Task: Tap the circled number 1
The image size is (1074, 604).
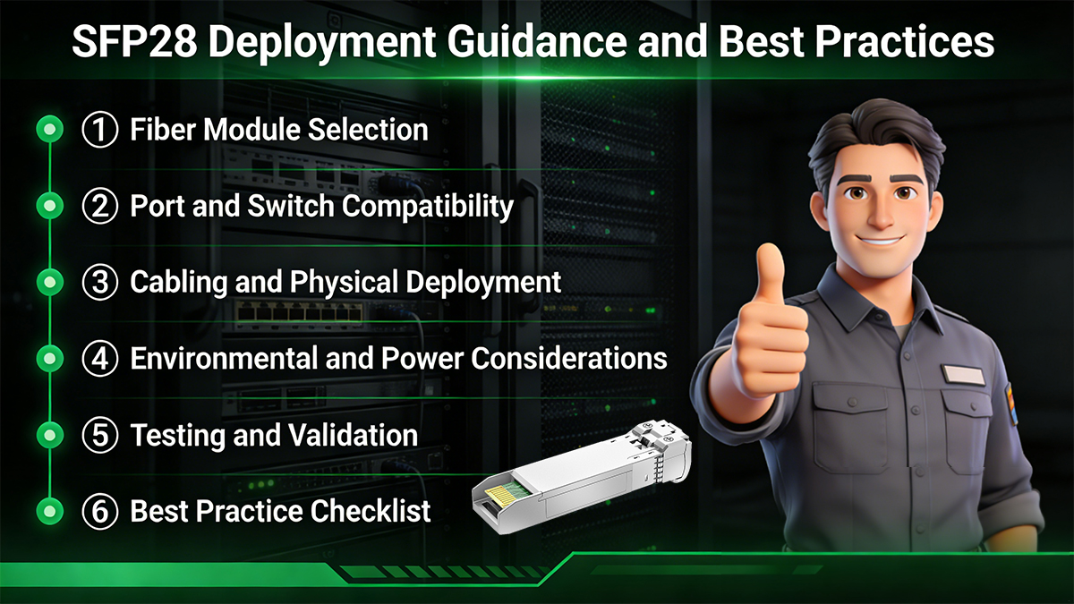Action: click(x=100, y=130)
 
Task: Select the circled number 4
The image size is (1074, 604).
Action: click(x=100, y=359)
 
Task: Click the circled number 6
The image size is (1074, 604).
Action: click(x=100, y=511)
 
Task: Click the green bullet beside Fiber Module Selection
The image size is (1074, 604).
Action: click(x=51, y=130)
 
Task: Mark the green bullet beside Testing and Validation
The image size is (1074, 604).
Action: click(x=51, y=436)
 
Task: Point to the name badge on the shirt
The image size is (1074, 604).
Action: click(x=962, y=374)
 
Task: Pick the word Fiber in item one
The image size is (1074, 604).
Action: click(x=162, y=130)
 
